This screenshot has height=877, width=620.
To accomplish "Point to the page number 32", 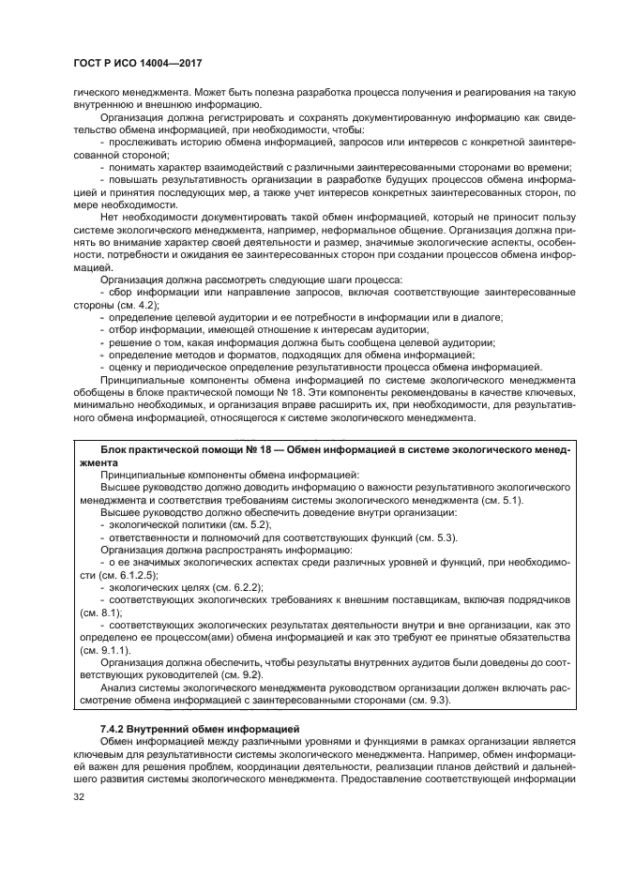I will click(x=80, y=797).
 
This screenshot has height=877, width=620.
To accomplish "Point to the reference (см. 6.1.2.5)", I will click(x=117, y=573).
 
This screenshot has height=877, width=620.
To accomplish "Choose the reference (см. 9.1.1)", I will click(x=104, y=649).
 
